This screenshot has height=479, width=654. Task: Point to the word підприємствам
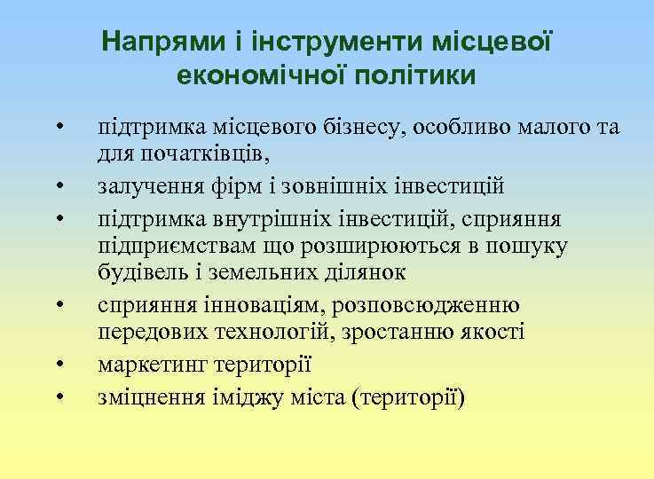[x=163, y=246]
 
